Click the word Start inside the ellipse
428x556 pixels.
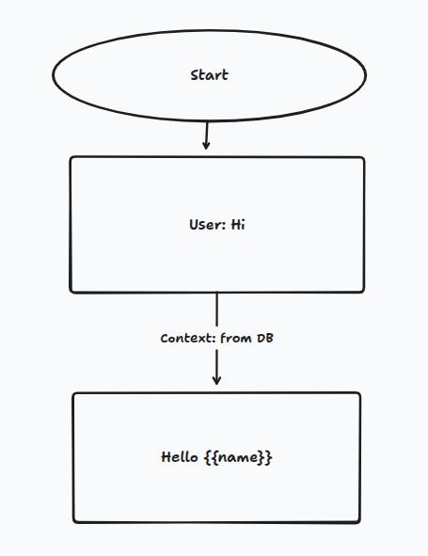[209, 75]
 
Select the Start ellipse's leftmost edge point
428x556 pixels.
[53, 75]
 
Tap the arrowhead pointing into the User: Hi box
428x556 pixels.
[206, 146]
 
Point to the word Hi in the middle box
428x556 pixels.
[238, 225]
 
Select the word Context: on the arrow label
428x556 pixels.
[188, 338]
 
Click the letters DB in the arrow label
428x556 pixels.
[265, 338]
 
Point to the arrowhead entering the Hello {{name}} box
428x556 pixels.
[216, 380]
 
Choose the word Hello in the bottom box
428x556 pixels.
[180, 457]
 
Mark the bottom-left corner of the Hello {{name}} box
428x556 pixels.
[75, 519]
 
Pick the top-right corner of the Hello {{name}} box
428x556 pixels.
[358, 394]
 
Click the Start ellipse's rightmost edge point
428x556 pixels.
[366, 73]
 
